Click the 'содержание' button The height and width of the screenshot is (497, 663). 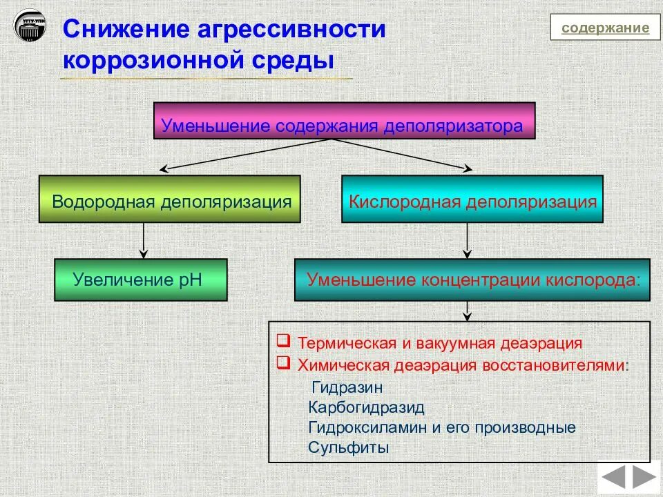tap(605, 28)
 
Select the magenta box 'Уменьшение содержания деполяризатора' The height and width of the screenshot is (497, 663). tap(344, 121)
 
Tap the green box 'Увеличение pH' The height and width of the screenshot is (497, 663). tap(141, 280)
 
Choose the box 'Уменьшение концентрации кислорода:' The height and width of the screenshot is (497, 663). tap(472, 280)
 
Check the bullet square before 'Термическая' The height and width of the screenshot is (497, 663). tap(282, 341)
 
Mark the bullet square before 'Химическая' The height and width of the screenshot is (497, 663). tap(282, 362)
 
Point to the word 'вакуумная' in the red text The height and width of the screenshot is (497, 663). tap(450, 343)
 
